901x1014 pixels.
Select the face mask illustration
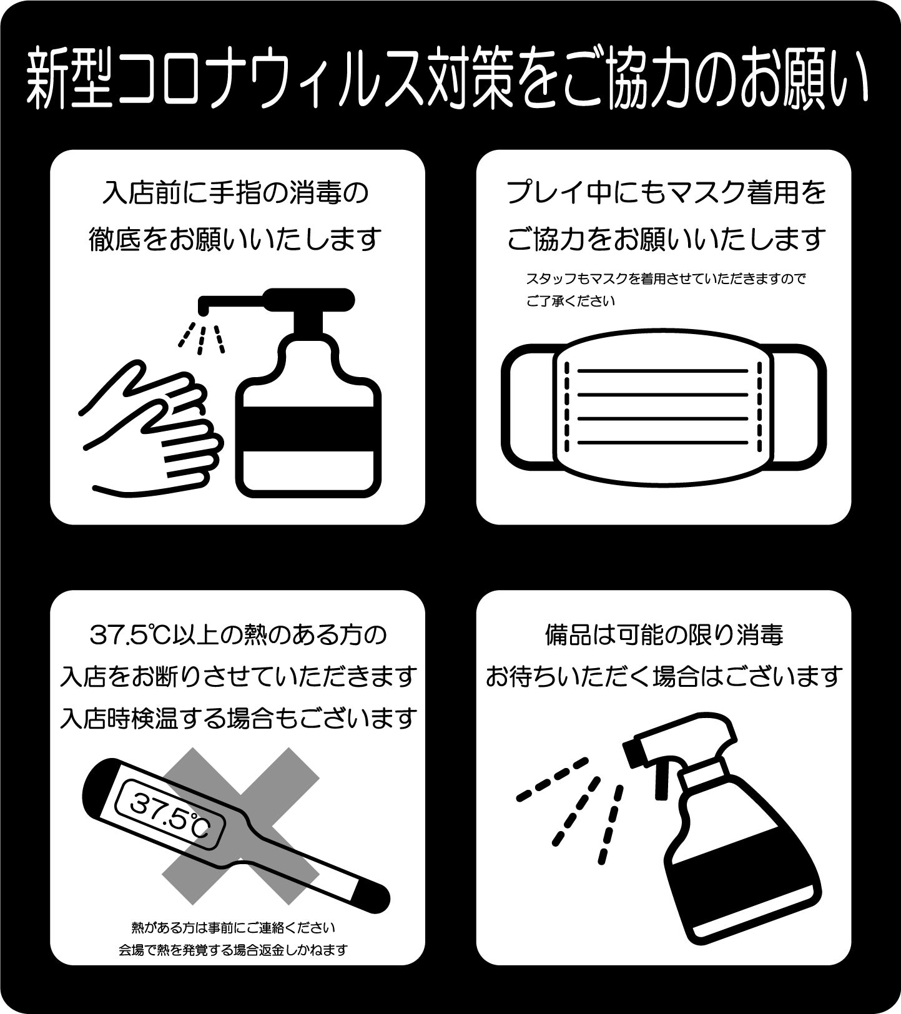(664, 406)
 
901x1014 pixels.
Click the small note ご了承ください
(571, 301)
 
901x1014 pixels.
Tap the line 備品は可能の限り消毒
(664, 636)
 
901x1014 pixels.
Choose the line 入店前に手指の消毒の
(236, 193)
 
